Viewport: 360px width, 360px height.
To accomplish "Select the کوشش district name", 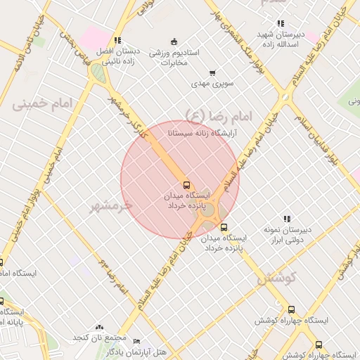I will tap(274, 278).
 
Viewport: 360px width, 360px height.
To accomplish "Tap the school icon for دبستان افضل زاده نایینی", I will tap(117, 40).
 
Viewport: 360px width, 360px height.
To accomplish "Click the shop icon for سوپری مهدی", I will tap(212, 72).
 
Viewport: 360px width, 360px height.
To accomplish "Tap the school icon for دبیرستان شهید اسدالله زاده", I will tap(281, 23).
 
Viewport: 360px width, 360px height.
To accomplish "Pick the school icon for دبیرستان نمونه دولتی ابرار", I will tap(286, 219).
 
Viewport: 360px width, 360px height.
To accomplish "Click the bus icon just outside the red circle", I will tap(224, 227).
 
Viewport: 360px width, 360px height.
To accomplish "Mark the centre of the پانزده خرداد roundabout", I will tap(209, 210).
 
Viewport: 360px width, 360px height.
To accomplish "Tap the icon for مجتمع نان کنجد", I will tap(99, 328).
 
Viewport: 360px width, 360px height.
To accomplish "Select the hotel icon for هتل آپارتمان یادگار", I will tap(136, 340).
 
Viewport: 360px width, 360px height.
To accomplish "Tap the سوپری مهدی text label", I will tap(214, 84).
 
